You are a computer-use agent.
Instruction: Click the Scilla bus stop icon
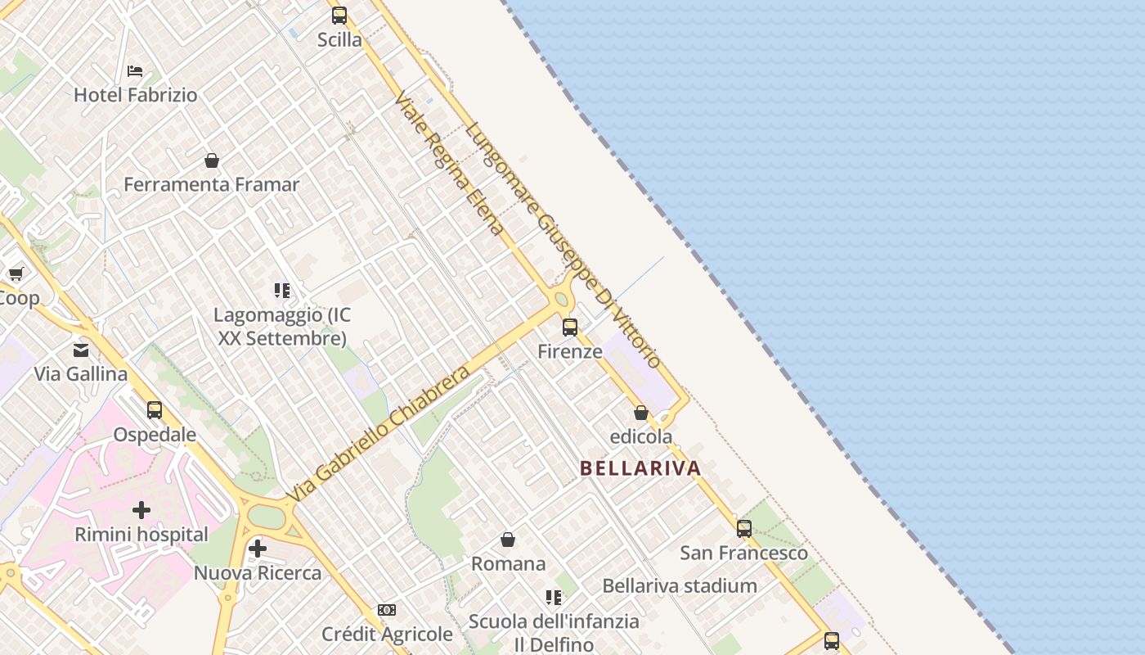coord(339,16)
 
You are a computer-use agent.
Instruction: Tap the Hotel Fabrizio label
coord(136,95)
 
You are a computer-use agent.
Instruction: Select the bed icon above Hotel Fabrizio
coord(135,71)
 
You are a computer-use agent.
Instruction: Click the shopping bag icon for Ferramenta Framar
coord(212,160)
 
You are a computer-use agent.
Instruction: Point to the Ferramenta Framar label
coord(212,185)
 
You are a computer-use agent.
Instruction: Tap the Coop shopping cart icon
coord(16,273)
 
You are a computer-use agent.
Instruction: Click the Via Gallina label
coord(81,374)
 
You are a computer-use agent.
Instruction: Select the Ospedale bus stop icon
coord(155,410)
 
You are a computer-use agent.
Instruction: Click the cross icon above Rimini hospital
coord(141,510)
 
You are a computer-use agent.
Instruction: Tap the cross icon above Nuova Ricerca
coord(258,549)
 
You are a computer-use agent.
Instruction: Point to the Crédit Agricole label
coord(387,635)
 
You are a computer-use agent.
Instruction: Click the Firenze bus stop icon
coord(570,327)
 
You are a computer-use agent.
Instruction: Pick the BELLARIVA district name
coord(640,468)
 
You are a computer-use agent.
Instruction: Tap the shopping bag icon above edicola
coord(641,413)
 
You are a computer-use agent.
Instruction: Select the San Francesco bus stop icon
coord(743,529)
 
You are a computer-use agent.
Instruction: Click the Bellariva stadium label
coord(680,586)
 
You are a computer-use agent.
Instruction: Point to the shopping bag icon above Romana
coord(508,540)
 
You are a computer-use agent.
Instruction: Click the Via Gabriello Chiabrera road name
coord(379,434)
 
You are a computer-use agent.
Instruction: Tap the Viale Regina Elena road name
coord(449,165)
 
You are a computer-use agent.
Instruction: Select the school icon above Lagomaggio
coord(282,291)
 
